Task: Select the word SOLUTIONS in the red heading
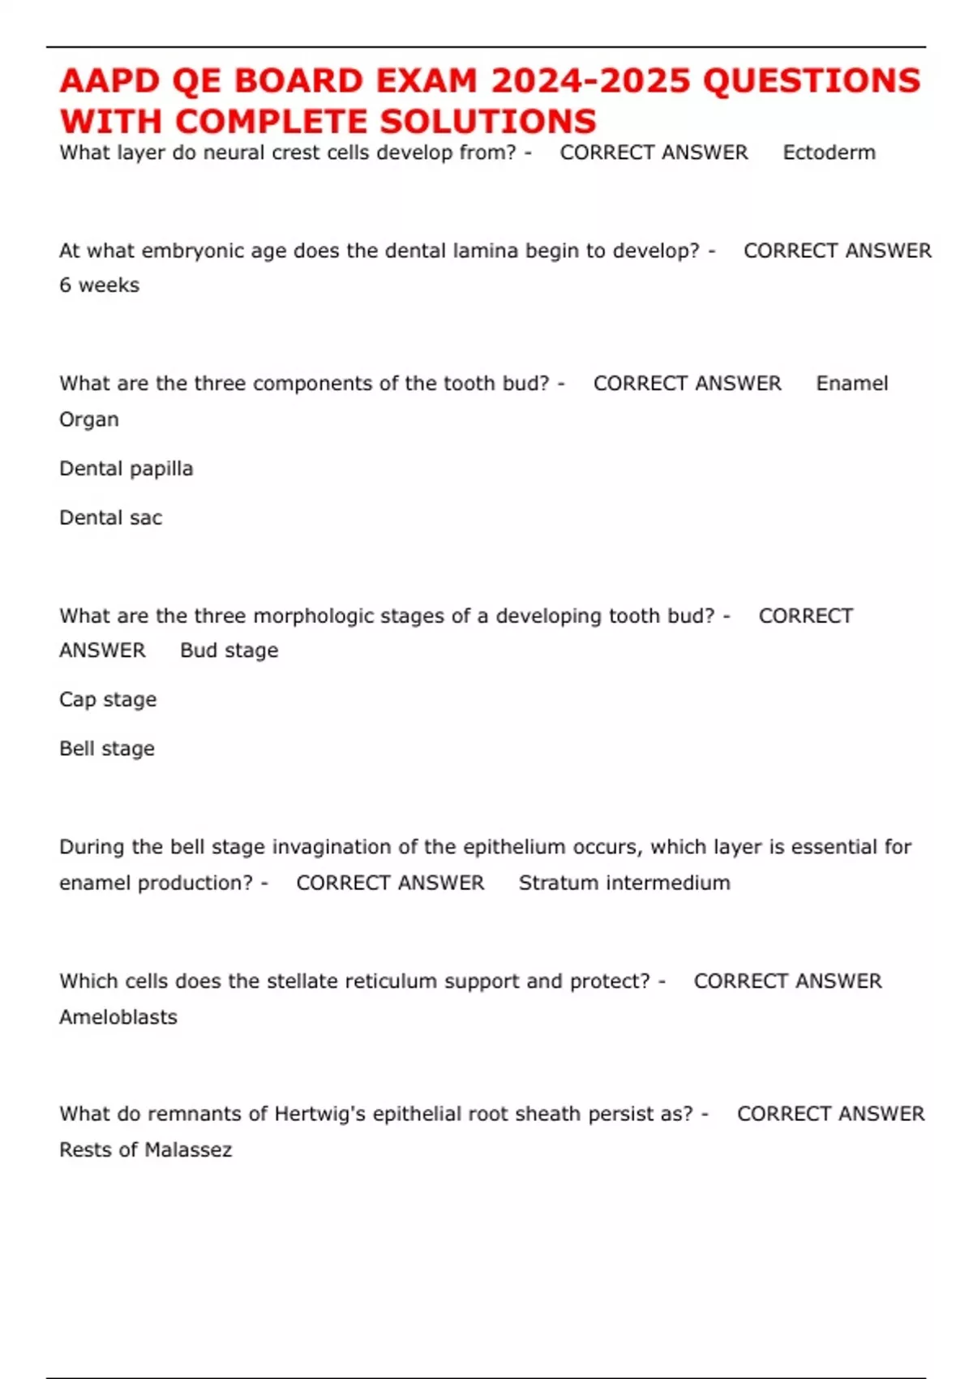tap(488, 122)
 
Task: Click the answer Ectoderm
tap(829, 153)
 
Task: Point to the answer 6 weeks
tap(99, 286)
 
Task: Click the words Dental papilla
tap(126, 469)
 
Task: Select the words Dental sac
tap(110, 518)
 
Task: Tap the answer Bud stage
tap(229, 651)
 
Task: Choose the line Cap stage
tap(108, 699)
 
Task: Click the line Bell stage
tap(106, 749)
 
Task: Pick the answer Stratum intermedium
tap(624, 883)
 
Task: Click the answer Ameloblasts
tap(118, 1017)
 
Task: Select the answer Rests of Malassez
tap(145, 1150)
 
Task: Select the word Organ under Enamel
tap(88, 420)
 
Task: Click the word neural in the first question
tap(230, 153)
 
